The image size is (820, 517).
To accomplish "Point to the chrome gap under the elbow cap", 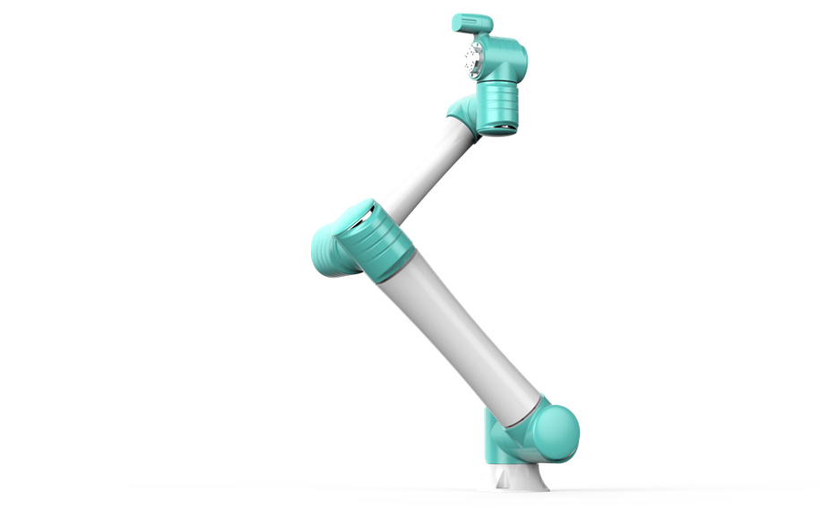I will pyautogui.click(x=359, y=224).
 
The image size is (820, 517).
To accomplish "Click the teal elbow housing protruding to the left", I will pyautogui.click(x=327, y=252).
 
